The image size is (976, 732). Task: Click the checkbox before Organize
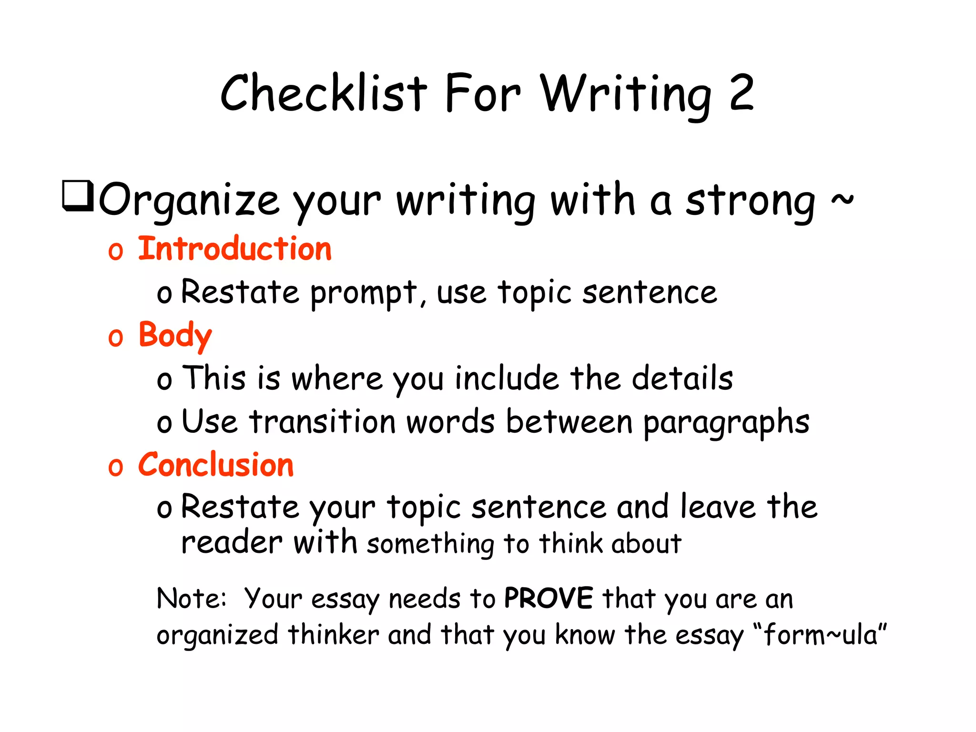[x=78, y=196]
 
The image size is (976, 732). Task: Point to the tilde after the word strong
[x=842, y=199]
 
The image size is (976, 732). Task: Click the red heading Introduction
[x=234, y=249]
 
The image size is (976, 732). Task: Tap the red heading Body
[x=175, y=335]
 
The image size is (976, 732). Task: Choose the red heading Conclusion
[x=215, y=465]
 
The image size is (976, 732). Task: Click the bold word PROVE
[x=548, y=598]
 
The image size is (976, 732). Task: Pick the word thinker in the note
[x=333, y=635]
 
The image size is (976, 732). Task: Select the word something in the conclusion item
[x=431, y=545]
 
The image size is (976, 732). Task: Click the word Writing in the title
[x=626, y=94]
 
